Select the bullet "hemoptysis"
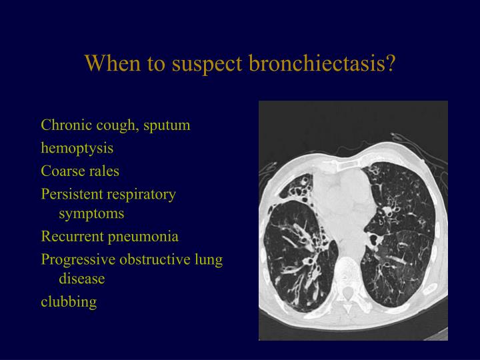(77, 148)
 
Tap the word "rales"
(103, 171)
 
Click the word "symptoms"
(91, 214)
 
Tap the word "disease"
(81, 279)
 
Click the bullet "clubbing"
(69, 302)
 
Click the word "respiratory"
(143, 195)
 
